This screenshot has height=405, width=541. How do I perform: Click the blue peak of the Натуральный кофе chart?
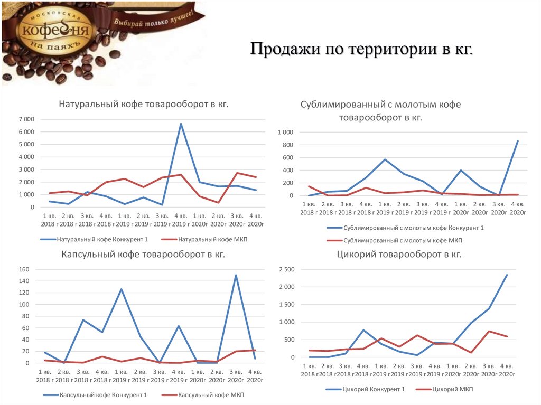181,124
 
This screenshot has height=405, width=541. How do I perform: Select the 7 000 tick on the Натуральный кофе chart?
26,119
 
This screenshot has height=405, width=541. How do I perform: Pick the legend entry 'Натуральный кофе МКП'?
213,239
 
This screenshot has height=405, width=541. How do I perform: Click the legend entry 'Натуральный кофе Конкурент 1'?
100,239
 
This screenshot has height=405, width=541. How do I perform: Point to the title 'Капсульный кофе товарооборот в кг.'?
143,255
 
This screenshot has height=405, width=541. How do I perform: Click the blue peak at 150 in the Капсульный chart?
236,275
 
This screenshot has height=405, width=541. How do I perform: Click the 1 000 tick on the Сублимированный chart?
285,132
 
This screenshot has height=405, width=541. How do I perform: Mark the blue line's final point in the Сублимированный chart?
518,141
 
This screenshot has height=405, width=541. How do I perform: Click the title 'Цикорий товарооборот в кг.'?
399,255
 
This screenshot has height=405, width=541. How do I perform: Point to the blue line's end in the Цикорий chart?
507,275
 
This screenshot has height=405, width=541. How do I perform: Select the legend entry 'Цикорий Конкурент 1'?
373,390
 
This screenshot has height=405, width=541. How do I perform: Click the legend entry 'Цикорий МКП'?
452,390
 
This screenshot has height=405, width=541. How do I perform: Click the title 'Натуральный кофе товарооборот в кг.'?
143,104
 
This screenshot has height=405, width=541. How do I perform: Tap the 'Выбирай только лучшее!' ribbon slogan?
153,17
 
